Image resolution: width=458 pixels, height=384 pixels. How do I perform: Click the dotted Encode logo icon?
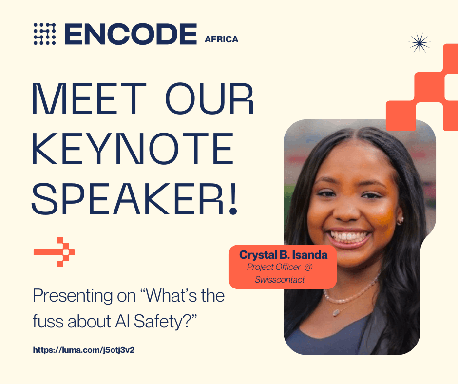click(44, 34)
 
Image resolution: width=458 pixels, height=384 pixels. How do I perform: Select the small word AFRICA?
click(221, 39)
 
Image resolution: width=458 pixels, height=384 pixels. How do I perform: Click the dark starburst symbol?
click(420, 43)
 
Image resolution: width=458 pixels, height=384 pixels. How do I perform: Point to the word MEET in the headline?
click(89, 99)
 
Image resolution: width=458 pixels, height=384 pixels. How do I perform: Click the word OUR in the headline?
click(210, 99)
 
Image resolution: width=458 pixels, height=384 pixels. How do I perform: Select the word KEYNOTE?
click(133, 149)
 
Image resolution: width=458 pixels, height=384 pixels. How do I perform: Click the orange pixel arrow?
click(54, 252)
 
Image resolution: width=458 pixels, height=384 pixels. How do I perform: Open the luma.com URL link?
click(83, 350)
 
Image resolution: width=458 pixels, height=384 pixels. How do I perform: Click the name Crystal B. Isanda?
click(283, 255)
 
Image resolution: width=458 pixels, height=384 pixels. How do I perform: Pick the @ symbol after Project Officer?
click(308, 267)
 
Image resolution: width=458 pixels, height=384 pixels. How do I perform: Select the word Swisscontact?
click(280, 280)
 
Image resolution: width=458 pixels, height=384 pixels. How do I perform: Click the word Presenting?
click(73, 296)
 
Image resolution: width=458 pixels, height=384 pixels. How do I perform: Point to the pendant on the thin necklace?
click(336, 312)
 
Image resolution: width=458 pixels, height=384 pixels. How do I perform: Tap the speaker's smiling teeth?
click(348, 235)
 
